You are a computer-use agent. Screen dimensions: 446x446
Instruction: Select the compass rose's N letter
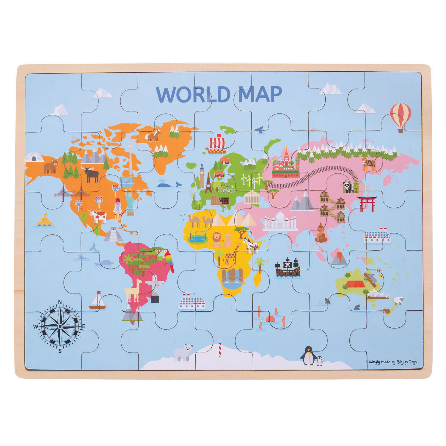click(60, 302)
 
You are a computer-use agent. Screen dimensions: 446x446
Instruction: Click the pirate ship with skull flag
click(287, 267)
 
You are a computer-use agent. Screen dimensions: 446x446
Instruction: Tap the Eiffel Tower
click(208, 183)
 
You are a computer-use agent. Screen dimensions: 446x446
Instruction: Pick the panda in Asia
click(347, 187)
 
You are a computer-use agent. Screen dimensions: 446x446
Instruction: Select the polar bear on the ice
click(183, 352)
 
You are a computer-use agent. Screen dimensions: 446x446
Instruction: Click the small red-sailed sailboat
click(97, 301)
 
